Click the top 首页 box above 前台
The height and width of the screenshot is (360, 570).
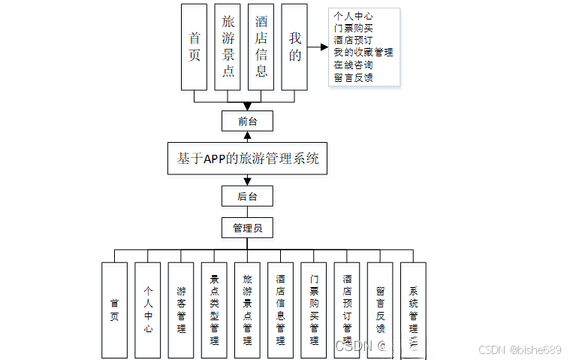click(195, 47)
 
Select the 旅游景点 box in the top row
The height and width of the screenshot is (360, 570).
click(228, 47)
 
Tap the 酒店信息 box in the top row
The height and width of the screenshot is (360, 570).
click(261, 47)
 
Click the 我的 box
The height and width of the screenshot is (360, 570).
click(294, 47)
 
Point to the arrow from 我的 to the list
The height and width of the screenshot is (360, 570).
click(318, 47)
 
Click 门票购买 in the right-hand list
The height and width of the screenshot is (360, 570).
click(353, 28)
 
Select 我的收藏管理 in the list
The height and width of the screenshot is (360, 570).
click(363, 53)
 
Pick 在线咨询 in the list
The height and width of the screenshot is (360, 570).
click(353, 65)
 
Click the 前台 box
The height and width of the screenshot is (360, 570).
click(247, 120)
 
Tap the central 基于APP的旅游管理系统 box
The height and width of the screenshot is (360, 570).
click(247, 159)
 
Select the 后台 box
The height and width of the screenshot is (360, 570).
click(247, 196)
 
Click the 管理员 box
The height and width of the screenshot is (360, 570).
click(247, 228)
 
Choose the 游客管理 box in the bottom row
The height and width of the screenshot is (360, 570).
click(182, 309)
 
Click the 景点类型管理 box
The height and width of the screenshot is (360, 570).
click(214, 309)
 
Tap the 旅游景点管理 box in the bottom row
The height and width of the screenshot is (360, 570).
click(247, 309)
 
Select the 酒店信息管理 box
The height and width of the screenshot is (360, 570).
click(280, 309)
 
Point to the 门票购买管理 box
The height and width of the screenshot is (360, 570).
click(314, 309)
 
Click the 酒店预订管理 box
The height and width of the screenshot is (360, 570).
click(347, 309)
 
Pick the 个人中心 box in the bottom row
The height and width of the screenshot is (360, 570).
click(148, 309)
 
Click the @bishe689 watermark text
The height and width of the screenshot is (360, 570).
click(535, 349)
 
